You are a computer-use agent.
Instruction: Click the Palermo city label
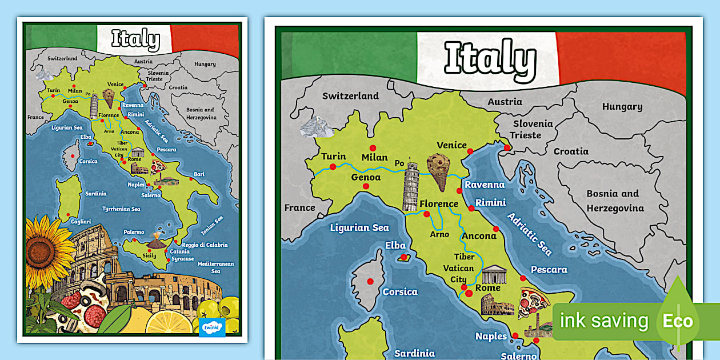click(134, 232)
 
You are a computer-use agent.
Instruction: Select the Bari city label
click(199, 174)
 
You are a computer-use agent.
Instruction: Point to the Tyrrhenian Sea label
click(121, 209)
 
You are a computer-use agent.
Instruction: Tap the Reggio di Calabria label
click(205, 245)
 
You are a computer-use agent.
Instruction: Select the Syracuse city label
click(183, 259)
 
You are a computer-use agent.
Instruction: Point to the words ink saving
click(604, 321)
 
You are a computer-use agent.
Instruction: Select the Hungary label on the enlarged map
click(622, 106)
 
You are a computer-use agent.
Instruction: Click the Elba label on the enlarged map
click(395, 246)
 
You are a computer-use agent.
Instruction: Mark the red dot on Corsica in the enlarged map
click(370, 281)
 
